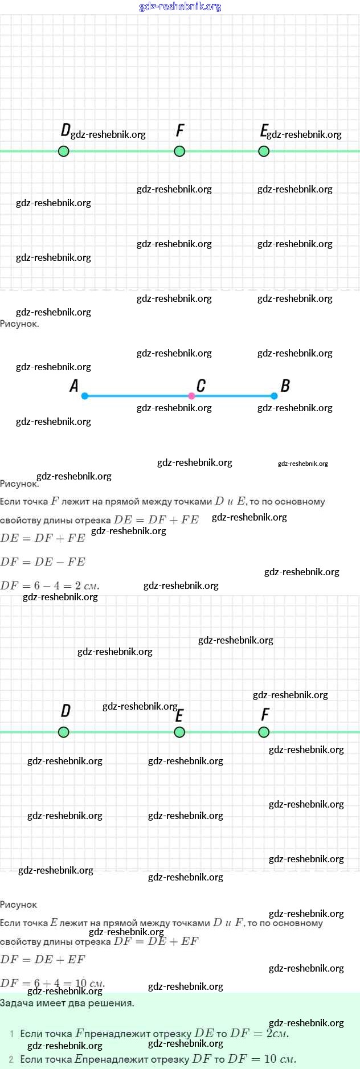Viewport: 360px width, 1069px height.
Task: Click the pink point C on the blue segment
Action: click(x=191, y=396)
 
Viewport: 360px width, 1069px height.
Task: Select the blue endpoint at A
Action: click(x=85, y=396)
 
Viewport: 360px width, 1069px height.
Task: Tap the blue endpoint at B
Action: click(x=274, y=396)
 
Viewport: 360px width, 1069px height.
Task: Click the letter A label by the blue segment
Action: click(x=74, y=386)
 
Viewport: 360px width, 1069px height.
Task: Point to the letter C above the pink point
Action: click(x=201, y=386)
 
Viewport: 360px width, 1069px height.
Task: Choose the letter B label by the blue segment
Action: click(x=285, y=386)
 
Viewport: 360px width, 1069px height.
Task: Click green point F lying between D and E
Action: click(x=179, y=151)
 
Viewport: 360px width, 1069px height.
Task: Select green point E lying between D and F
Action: click(x=179, y=732)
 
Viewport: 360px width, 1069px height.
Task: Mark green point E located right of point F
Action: click(x=264, y=151)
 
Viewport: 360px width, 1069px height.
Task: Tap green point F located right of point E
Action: click(x=264, y=732)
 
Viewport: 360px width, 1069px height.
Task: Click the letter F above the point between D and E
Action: click(x=180, y=131)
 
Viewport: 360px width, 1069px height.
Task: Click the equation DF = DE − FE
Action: click(x=43, y=562)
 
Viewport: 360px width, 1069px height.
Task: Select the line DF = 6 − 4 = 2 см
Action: click(x=50, y=585)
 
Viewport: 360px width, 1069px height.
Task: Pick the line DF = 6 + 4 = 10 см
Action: click(x=52, y=983)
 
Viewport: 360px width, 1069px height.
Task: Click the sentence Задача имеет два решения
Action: click(x=67, y=1003)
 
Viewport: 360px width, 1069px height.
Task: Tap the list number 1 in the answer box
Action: click(x=12, y=1033)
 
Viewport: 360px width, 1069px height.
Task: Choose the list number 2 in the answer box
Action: click(x=11, y=1059)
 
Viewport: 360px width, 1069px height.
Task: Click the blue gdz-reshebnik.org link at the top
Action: click(x=180, y=6)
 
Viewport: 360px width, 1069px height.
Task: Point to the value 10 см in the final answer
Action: click(x=280, y=1059)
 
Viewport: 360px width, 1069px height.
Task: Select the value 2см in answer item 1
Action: click(x=277, y=1033)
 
